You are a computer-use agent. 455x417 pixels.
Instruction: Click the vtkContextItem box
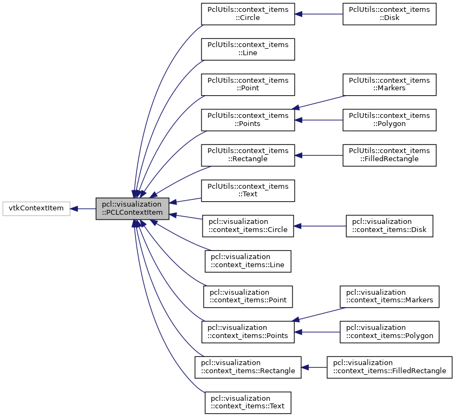(36, 208)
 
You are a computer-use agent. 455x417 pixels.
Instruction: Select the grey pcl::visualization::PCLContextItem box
(132, 208)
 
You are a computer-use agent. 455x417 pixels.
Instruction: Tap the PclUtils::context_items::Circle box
(248, 14)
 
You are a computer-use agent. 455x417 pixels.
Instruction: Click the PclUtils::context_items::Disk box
(389, 14)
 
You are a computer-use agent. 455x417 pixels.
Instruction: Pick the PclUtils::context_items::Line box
(248, 49)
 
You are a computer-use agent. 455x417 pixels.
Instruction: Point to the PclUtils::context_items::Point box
(248, 84)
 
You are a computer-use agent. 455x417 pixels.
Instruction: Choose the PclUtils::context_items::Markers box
(389, 84)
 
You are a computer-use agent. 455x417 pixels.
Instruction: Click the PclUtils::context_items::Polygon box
(389, 120)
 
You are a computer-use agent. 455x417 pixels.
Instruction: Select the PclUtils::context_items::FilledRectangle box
(389, 155)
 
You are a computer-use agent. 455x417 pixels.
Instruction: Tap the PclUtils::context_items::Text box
(248, 190)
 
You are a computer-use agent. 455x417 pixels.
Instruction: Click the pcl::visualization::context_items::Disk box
(390, 226)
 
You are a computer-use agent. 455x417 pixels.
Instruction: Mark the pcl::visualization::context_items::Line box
(248, 261)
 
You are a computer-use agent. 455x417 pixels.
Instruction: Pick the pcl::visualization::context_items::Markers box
(389, 296)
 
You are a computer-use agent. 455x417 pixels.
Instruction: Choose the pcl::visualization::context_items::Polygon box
(389, 332)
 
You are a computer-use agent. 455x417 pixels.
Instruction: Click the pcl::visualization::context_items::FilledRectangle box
(389, 367)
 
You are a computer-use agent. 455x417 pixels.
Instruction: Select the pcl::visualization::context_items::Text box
(248, 402)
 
